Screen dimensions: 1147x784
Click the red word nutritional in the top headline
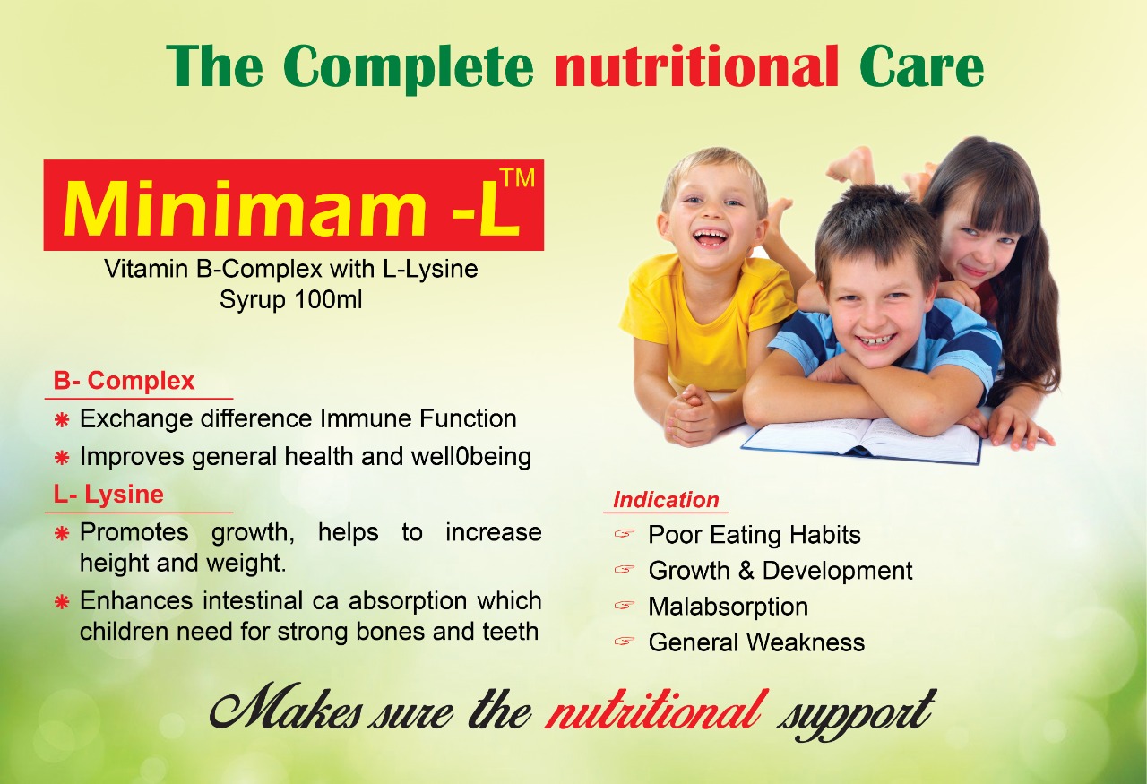point(697,66)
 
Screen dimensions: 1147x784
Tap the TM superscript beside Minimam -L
point(516,178)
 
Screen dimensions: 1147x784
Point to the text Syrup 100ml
point(290,300)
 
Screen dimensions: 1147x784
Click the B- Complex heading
point(125,382)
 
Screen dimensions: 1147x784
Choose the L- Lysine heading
point(108,495)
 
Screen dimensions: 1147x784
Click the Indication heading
point(666,500)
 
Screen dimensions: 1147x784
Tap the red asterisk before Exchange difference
point(62,420)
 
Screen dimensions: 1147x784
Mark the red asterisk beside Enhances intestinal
point(62,602)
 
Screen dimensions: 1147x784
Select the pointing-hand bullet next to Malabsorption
point(625,606)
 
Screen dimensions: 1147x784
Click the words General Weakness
point(756,642)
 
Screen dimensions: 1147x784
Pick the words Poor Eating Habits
point(755,535)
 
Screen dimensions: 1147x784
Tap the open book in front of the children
point(861,441)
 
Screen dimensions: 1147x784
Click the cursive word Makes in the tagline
point(286,710)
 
